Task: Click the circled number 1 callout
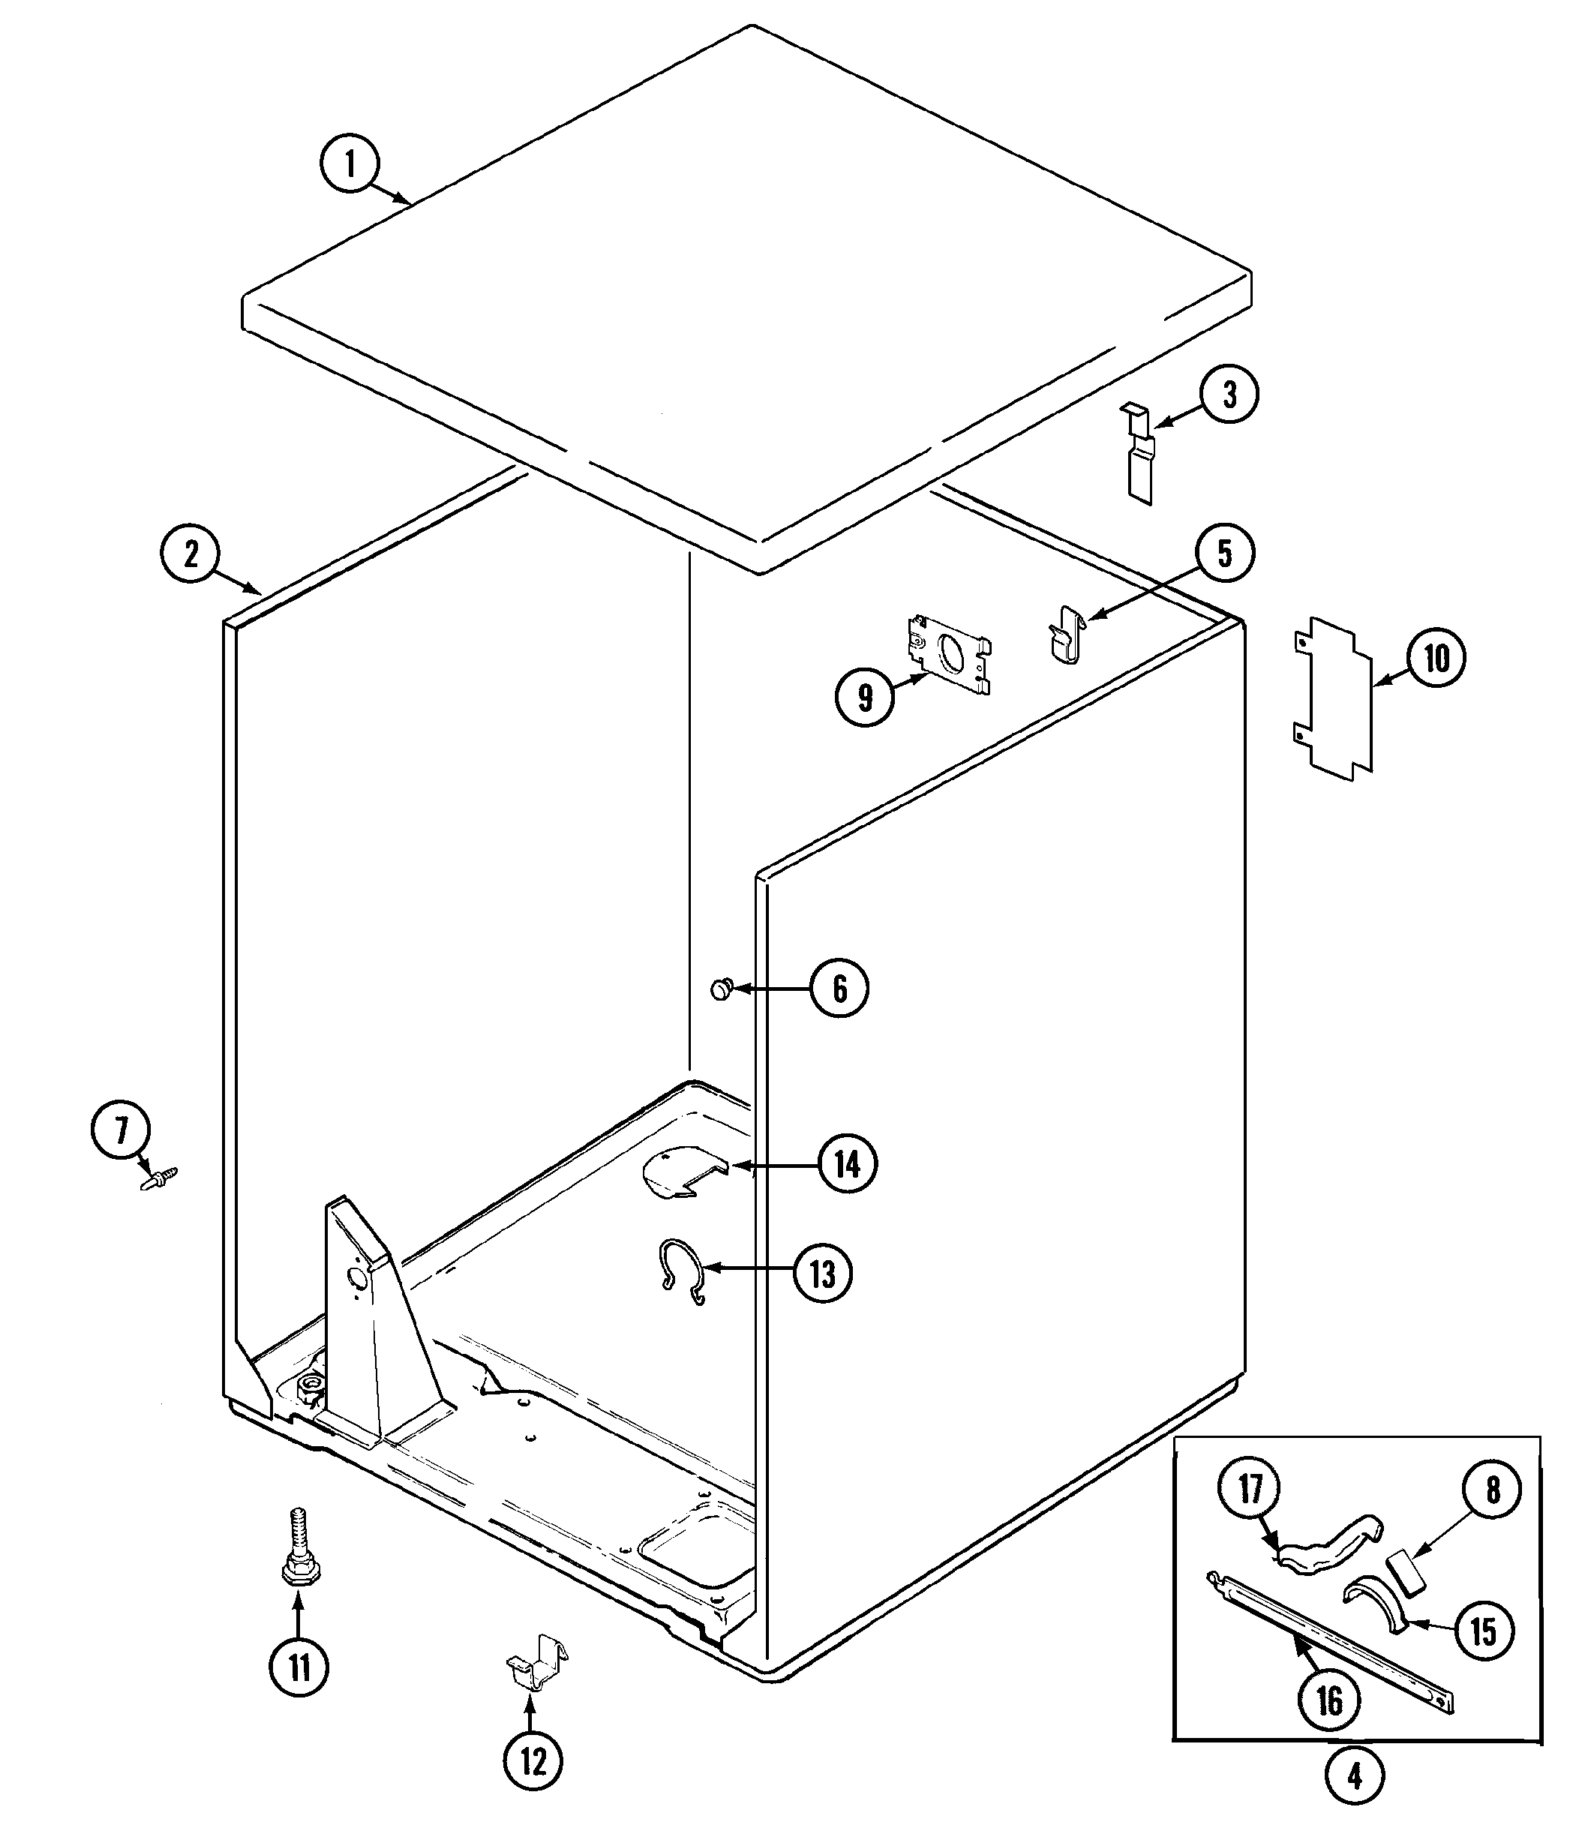point(349,164)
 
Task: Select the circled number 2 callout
point(190,555)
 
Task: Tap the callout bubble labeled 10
point(1436,658)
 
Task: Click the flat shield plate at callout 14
point(680,1172)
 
